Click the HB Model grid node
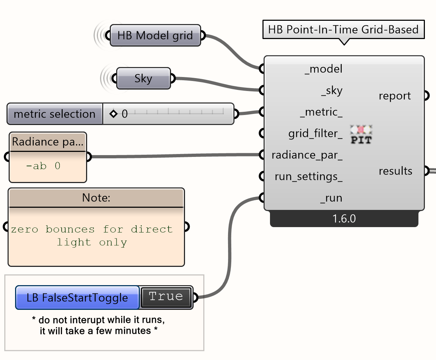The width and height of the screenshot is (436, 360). [155, 35]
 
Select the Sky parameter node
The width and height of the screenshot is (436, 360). [143, 78]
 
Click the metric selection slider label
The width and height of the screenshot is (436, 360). [54, 114]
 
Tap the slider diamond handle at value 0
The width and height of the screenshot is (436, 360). [114, 114]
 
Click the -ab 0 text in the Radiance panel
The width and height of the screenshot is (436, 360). [43, 166]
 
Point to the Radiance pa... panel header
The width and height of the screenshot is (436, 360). [48, 142]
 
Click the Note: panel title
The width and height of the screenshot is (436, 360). [96, 198]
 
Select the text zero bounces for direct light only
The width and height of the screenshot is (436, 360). [92, 236]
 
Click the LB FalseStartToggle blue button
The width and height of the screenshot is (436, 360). [77, 298]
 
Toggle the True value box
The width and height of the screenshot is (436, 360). [166, 297]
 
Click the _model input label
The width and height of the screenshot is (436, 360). [323, 69]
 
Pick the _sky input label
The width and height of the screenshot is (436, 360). [332, 91]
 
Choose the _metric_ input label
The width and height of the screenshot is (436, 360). [321, 112]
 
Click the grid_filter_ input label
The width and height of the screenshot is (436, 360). [315, 134]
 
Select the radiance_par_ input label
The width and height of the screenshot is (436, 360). [307, 155]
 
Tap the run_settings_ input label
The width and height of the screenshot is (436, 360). [308, 177]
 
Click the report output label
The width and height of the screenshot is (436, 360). [395, 96]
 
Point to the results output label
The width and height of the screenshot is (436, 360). [395, 171]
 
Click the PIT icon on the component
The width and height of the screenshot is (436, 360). [361, 135]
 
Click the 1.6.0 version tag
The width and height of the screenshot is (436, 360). [344, 219]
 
